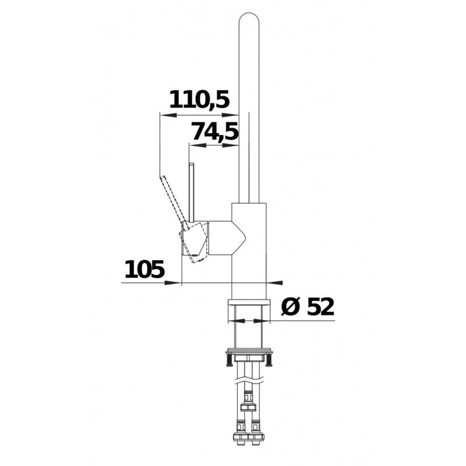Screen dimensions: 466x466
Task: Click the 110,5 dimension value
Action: tap(199, 100)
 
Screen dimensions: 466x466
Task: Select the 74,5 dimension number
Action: tap(214, 132)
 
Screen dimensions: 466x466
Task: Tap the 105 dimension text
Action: tap(144, 269)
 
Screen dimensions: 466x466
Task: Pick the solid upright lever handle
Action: tap(192, 193)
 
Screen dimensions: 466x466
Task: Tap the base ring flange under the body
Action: tap(249, 302)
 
